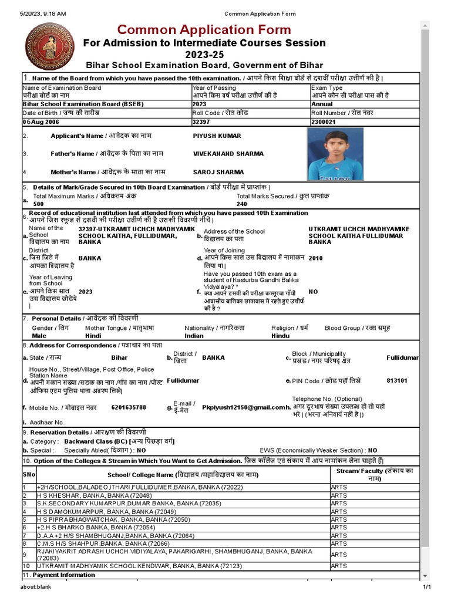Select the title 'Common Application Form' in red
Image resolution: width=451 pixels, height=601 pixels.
(x=204, y=29)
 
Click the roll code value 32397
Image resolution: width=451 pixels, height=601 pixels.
(x=201, y=121)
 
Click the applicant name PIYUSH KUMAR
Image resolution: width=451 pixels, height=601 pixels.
(x=217, y=136)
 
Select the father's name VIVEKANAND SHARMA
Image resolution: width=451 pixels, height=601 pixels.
(x=228, y=154)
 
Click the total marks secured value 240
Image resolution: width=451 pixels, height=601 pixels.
(x=242, y=204)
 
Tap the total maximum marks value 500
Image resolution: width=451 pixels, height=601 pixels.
(x=39, y=204)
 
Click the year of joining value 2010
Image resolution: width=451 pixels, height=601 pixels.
(x=315, y=258)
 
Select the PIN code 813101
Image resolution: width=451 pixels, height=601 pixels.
(x=397, y=381)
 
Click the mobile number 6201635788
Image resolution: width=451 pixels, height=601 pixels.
(x=129, y=407)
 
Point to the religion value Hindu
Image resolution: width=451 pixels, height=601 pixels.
(x=280, y=336)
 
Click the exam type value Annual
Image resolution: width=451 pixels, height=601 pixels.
(x=322, y=104)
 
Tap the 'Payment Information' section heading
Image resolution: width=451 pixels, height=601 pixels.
(x=55, y=575)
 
